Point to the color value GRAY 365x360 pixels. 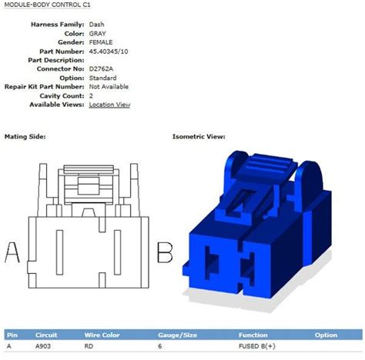click(x=99, y=34)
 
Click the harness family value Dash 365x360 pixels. click(x=98, y=25)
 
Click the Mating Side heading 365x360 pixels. click(x=25, y=136)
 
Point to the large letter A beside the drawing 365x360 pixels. click(x=12, y=252)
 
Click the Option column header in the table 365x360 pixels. click(x=326, y=335)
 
